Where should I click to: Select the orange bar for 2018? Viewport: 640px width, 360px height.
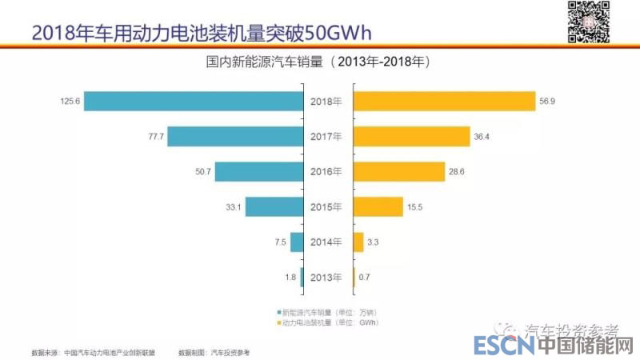point(444,102)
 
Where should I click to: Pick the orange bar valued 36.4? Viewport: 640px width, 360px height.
point(411,137)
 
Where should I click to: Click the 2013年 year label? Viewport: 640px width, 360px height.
point(326,278)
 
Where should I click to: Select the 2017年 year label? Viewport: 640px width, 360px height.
point(326,137)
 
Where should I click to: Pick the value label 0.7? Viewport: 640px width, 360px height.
point(366,278)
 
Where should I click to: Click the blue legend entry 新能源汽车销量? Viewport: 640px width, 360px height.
point(328,311)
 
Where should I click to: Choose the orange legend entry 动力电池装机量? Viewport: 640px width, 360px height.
point(328,322)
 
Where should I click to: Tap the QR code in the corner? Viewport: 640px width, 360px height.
point(588,21)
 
